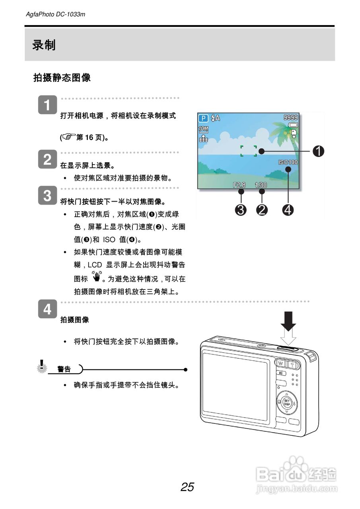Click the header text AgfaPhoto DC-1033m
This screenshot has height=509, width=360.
tap(55, 15)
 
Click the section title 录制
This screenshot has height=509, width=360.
tap(44, 45)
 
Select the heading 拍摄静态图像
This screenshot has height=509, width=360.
tap(62, 78)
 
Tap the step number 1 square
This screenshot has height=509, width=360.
tap(47, 105)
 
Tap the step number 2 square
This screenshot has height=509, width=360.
tap(47, 159)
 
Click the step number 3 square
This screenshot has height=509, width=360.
tap(47, 196)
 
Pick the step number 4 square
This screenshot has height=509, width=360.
tap(47, 309)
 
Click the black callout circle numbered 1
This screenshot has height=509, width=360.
tap(318, 151)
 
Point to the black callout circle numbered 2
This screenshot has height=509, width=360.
tap(262, 209)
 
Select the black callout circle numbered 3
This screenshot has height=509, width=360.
tap(241, 209)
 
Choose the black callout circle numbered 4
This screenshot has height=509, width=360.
tap(288, 209)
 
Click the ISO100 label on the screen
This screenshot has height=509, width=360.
tap(288, 162)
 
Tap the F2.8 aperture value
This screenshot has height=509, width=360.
tap(240, 185)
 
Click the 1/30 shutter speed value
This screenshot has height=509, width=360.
tap(261, 185)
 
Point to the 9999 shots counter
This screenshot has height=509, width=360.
tap(290, 117)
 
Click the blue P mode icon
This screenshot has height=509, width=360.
tap(204, 118)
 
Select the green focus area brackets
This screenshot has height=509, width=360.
tap(249, 151)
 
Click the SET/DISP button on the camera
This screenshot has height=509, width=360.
tap(287, 402)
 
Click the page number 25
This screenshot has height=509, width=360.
tap(187, 487)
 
